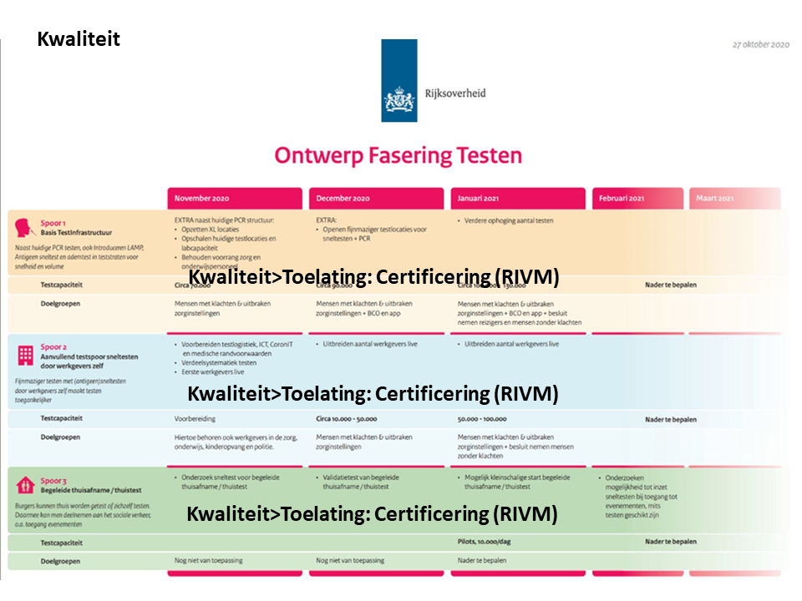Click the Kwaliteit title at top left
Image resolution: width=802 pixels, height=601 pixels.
(79, 39)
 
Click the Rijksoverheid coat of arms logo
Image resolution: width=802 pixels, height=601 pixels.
(398, 100)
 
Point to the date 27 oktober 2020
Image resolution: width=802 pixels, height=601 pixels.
(761, 44)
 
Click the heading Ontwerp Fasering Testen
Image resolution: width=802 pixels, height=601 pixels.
(398, 156)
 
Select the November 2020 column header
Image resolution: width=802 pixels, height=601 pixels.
(234, 199)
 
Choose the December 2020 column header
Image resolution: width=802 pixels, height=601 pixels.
(376, 199)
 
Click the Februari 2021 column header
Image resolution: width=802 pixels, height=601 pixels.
(639, 199)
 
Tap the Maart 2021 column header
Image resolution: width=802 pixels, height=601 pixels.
(733, 199)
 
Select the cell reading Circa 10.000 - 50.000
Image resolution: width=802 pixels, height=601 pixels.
(347, 419)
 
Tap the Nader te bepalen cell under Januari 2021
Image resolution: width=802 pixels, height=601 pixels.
(482, 561)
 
